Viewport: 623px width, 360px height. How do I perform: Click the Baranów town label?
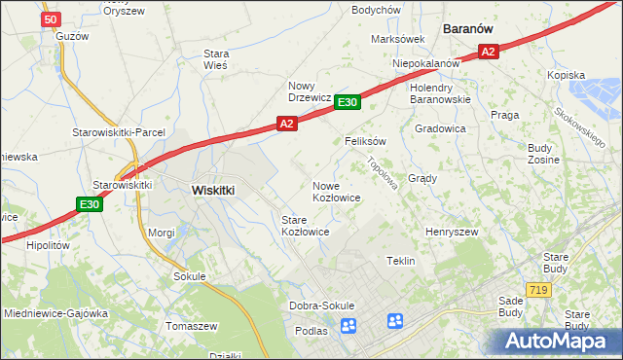[472, 29]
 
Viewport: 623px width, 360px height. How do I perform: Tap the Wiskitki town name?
[213, 190]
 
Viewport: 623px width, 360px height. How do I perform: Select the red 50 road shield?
[52, 18]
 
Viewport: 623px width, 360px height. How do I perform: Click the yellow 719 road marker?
[536, 290]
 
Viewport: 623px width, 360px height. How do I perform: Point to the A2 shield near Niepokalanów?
[489, 52]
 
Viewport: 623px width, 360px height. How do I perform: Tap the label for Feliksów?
[366, 140]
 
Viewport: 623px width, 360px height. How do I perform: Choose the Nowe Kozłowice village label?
[337, 191]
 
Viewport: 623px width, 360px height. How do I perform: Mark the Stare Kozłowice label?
[305, 226]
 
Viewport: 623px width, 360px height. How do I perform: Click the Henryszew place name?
[451, 233]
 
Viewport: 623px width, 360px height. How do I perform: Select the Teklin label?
[401, 261]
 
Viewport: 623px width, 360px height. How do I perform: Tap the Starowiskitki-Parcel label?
[119, 132]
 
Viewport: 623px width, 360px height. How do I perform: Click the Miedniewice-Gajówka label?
[55, 313]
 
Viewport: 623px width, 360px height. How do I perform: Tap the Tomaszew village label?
[192, 326]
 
